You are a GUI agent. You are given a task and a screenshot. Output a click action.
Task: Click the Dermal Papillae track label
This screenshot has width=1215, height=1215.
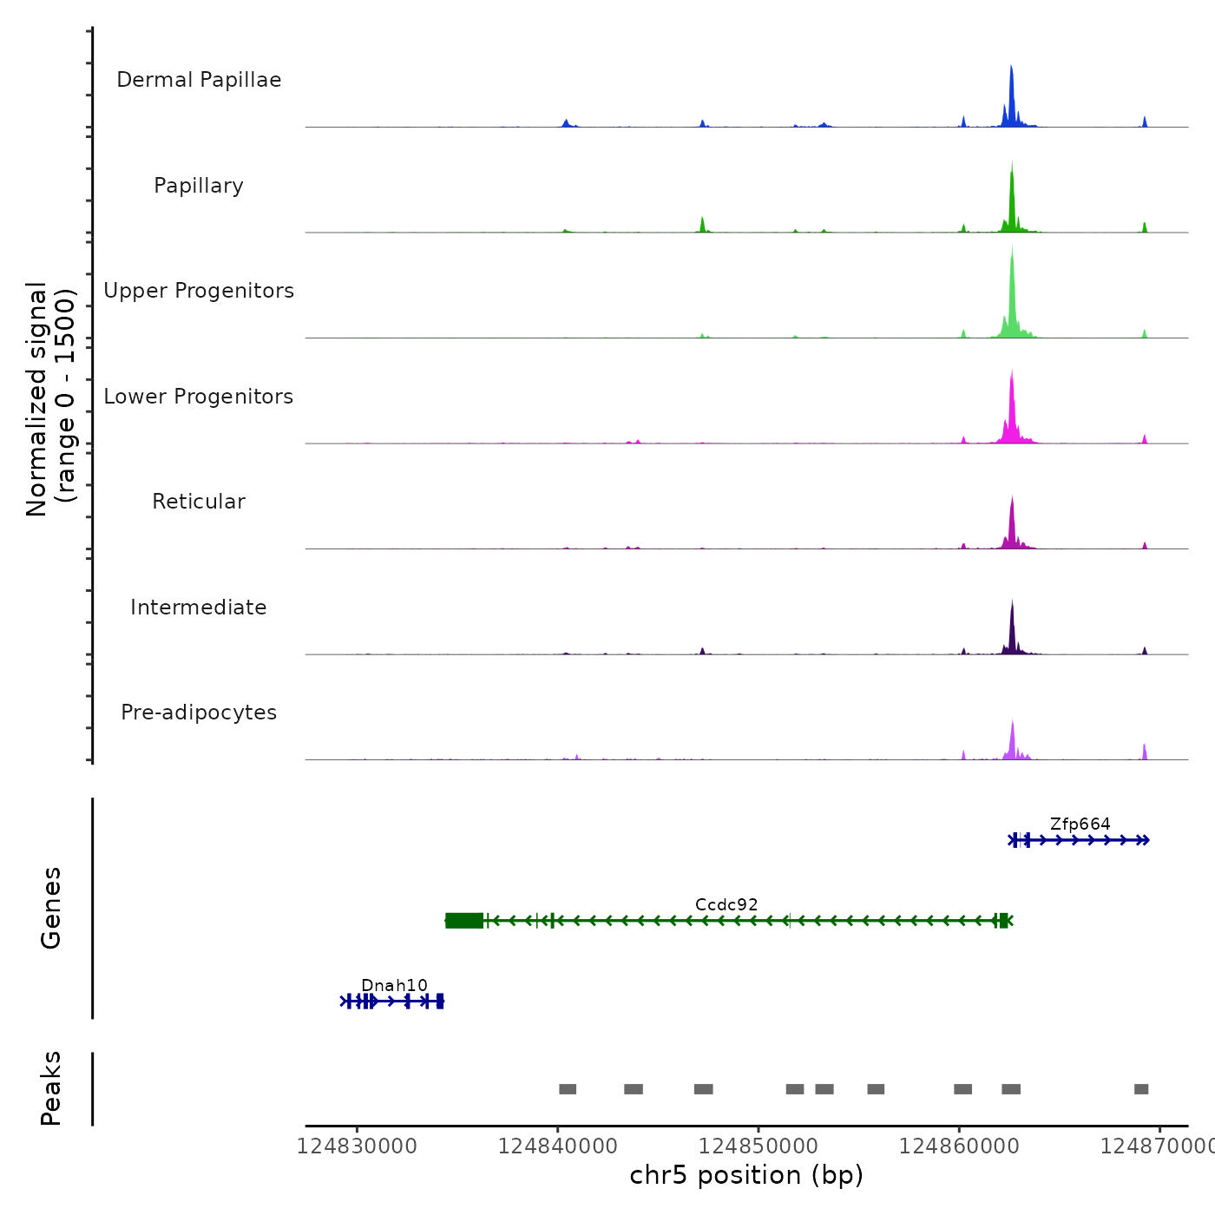[x=199, y=80]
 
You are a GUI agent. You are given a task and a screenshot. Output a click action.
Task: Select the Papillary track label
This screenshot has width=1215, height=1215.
[x=199, y=186]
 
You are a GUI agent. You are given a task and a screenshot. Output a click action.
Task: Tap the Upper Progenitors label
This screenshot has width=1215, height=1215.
[x=199, y=291]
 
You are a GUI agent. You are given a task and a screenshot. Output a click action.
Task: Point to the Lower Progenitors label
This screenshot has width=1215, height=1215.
[x=199, y=397]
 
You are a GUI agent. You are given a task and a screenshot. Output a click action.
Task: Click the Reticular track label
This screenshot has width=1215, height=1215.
[x=199, y=502]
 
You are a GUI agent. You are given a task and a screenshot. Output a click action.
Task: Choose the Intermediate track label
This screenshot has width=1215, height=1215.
[x=199, y=607]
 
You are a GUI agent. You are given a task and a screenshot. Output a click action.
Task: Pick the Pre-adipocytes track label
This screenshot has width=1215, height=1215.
[x=199, y=713]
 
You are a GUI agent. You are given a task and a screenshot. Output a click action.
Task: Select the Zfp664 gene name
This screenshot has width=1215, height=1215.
[x=1080, y=824]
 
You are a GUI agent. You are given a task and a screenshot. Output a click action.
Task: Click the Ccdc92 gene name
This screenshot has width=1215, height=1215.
[x=726, y=904]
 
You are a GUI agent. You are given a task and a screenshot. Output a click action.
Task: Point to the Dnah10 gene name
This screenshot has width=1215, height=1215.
[x=394, y=985]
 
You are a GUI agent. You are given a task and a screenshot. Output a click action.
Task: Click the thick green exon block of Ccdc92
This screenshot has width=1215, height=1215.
[x=464, y=921]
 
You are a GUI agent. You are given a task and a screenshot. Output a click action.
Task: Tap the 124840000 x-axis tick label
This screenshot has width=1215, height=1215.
[x=558, y=1146]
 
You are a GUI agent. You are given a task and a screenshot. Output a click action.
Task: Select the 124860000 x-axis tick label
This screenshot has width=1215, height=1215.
[x=959, y=1146]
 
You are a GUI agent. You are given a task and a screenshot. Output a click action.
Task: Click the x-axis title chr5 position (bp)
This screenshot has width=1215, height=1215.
[x=746, y=1175]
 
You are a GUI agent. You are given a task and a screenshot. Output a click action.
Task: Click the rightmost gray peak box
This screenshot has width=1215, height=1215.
[x=1141, y=1089]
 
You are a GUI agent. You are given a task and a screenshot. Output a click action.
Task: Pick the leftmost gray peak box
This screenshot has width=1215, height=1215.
[x=568, y=1089]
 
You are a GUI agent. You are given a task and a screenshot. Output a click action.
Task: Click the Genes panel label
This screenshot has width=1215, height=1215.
[x=51, y=908]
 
